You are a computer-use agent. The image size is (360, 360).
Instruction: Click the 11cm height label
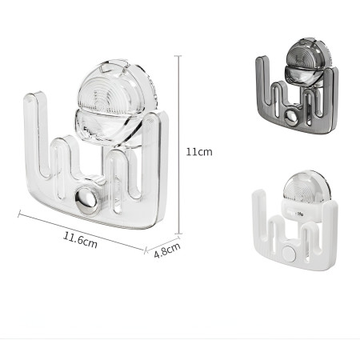click(199, 151)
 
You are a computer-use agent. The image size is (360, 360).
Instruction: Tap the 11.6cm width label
click(81, 238)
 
